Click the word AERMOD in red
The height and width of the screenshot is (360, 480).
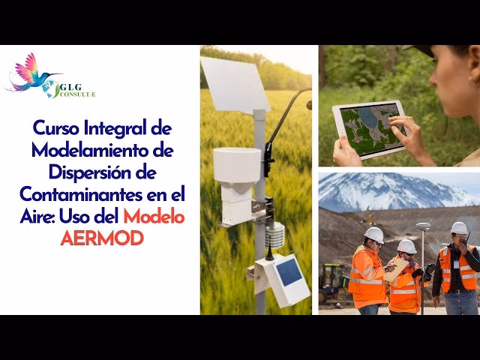click(101, 238)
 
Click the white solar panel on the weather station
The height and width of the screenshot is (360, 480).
click(234, 84)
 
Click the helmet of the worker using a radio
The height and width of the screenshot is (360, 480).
click(459, 227)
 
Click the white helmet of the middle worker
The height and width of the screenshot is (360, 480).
click(406, 246)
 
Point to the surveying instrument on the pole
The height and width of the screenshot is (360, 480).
click(423, 226)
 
